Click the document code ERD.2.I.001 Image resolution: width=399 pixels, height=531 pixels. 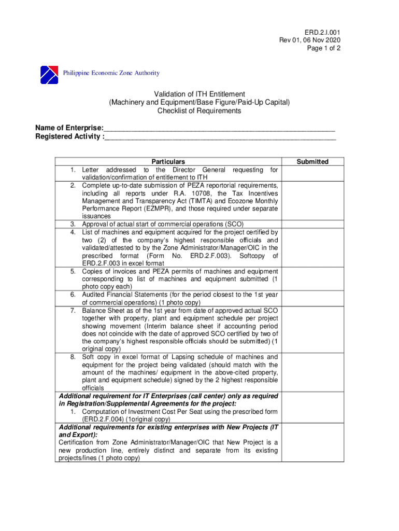(x=323, y=32)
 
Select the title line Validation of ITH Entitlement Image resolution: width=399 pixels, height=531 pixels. (x=199, y=94)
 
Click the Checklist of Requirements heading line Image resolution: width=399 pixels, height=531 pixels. (x=199, y=111)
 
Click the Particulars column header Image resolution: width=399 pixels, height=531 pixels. (x=167, y=162)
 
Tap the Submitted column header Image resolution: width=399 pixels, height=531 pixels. (x=312, y=162)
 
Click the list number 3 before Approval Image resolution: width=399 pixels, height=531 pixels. (x=73, y=223)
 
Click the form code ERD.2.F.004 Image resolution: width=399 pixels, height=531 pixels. (x=103, y=419)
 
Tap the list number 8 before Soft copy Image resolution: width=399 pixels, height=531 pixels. (x=73, y=357)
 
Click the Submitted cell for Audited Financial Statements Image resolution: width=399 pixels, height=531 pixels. (x=312, y=298)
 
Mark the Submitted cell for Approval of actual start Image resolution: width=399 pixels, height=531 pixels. (x=312, y=223)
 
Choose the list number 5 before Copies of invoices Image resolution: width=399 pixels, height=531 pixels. (x=73, y=271)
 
